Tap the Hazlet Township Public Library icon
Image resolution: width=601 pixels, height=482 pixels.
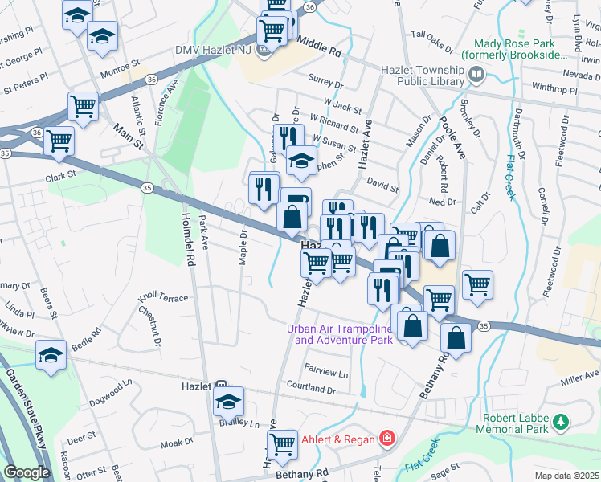tap(477, 76)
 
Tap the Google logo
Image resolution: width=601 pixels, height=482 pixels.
tap(27, 472)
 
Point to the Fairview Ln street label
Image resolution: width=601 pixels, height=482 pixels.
tap(325, 373)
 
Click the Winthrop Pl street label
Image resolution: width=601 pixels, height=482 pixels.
tap(554, 91)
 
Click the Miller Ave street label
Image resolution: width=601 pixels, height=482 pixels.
tap(581, 374)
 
